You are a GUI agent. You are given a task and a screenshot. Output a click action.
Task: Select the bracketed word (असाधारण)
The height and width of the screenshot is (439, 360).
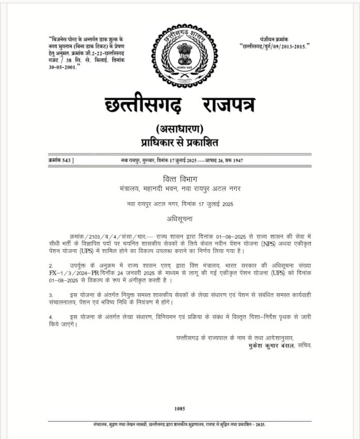pyautogui.click(x=179, y=128)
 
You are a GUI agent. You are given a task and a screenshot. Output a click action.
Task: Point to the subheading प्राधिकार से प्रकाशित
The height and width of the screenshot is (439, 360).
pyautogui.click(x=179, y=141)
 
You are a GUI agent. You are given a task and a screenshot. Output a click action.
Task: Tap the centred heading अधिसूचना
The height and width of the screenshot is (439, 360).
pyautogui.click(x=180, y=217)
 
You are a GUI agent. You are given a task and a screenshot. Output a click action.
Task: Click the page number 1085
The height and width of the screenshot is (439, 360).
pyautogui.click(x=180, y=408)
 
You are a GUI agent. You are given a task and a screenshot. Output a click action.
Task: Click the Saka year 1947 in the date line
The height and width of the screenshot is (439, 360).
pyautogui.click(x=237, y=161)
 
